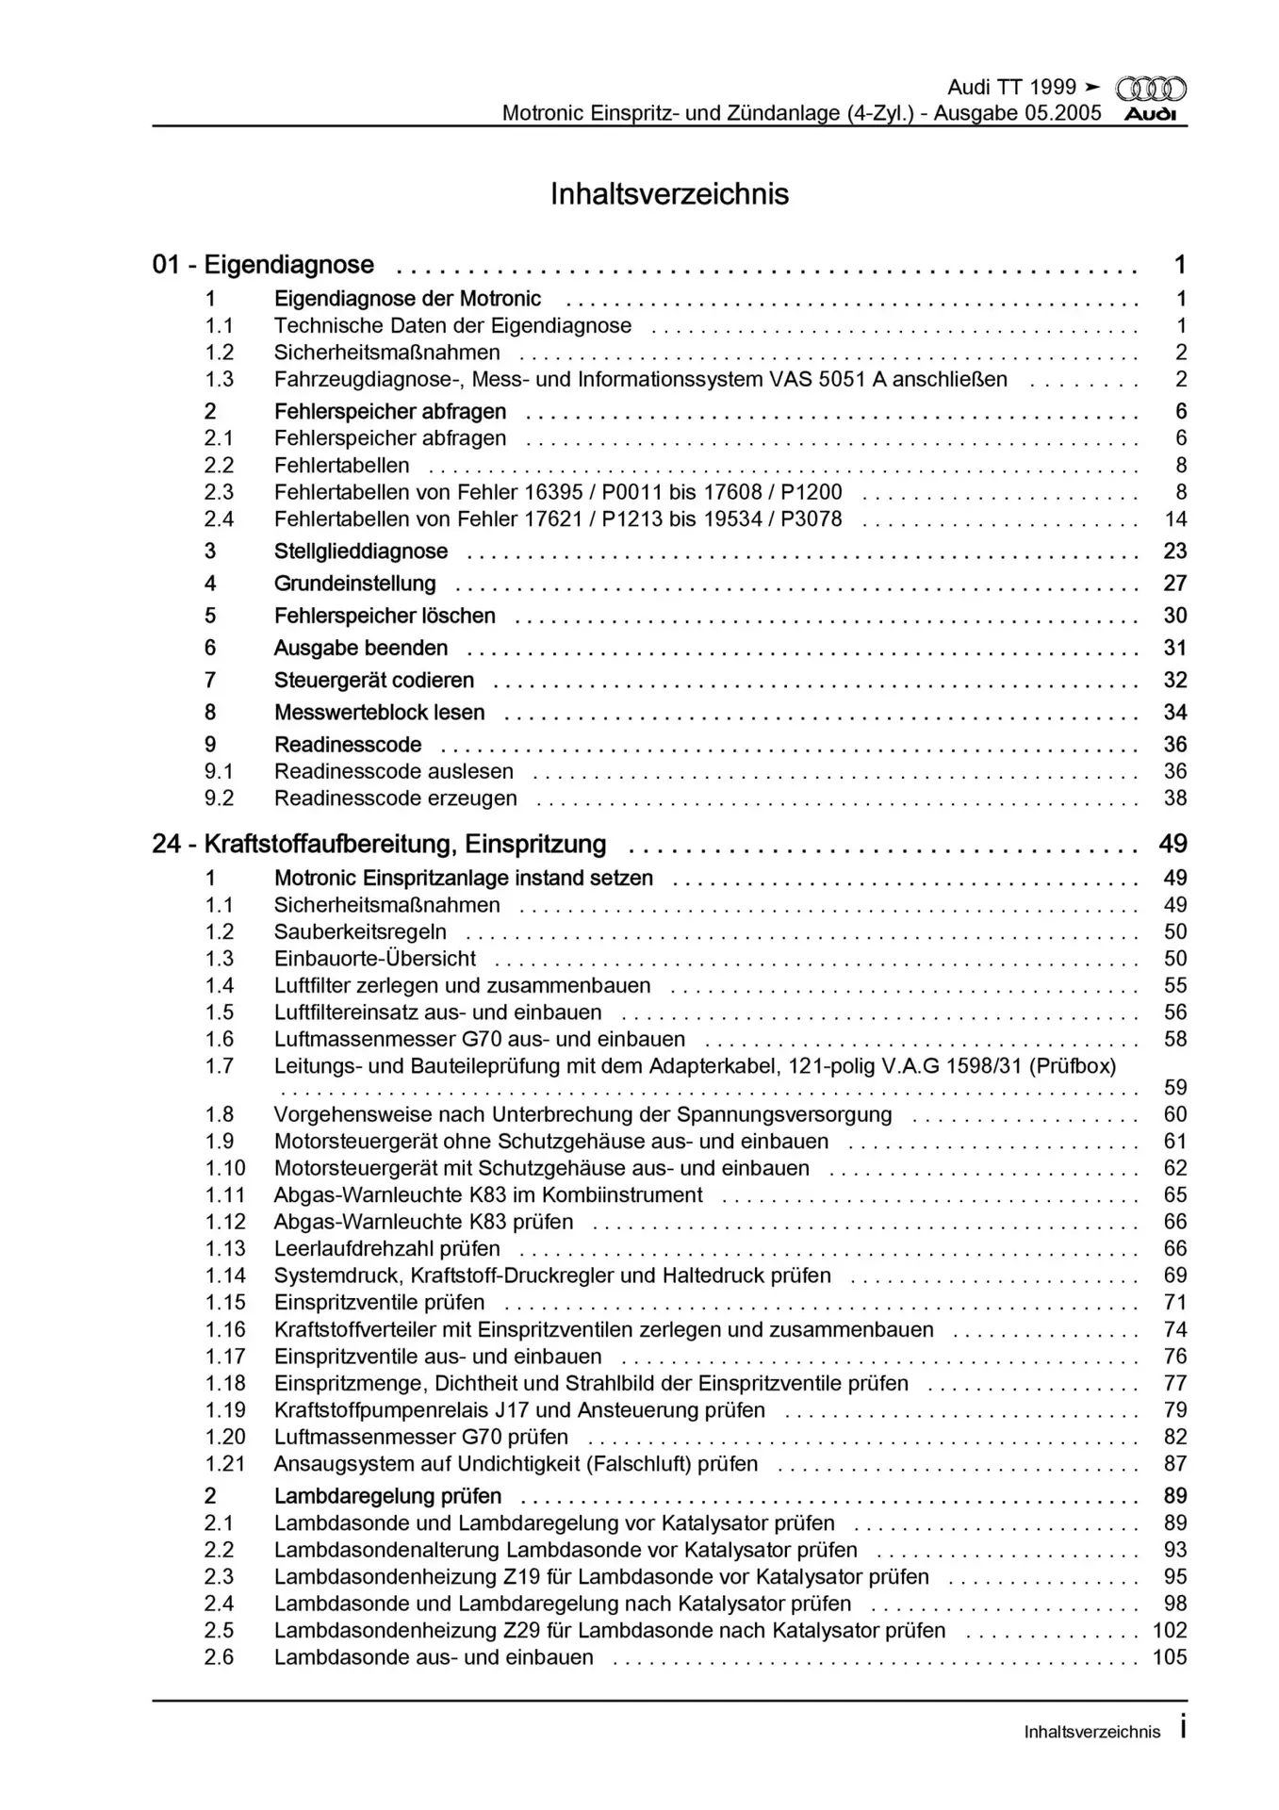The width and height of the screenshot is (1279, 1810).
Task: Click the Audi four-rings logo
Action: pos(1151,90)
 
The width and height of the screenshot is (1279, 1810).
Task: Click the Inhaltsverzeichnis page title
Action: pos(669,194)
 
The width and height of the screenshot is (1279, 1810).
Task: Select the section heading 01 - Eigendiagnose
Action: pos(263,265)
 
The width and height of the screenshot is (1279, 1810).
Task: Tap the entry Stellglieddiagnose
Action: pos(361,551)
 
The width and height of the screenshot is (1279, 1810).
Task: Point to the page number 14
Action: pos(1175,519)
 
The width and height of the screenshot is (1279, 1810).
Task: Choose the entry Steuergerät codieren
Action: pos(374,681)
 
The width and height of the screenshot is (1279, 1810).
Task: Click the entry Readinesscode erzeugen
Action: pos(396,798)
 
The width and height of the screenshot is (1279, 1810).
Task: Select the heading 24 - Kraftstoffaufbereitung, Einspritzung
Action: pos(379,845)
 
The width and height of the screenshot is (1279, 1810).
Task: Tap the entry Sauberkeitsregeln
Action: pos(360,932)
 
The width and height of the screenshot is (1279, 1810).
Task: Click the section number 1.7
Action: pos(220,1066)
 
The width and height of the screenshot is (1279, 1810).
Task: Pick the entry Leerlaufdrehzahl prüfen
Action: pos(387,1249)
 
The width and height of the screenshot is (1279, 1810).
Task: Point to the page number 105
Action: pos(1170,1657)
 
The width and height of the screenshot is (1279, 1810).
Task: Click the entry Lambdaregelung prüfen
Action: pos(387,1496)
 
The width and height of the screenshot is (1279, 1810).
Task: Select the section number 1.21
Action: pos(225,1464)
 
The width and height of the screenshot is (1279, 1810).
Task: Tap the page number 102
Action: pos(1170,1631)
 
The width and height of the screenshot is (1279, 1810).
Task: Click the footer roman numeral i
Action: pos(1182,1730)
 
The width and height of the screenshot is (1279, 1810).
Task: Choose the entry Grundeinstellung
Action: pos(355,584)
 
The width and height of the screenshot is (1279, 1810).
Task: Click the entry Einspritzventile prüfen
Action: pos(380,1303)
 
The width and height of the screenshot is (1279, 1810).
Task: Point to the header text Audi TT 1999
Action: pos(1011,88)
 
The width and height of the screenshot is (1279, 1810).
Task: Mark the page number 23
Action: pos(1175,551)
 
